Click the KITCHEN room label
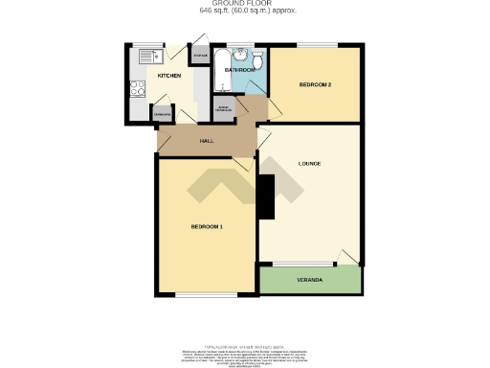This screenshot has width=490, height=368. (x=169, y=75)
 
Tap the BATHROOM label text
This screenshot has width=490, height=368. (x=239, y=70)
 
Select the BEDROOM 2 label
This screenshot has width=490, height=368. (x=315, y=85)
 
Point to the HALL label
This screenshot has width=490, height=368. (x=205, y=141)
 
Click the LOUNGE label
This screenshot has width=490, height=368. (x=308, y=164)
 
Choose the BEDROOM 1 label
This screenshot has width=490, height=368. (x=206, y=226)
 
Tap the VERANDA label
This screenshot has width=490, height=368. (x=309, y=280)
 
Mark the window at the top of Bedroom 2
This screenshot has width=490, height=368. (x=316, y=45)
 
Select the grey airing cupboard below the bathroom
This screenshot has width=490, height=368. (x=222, y=107)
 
